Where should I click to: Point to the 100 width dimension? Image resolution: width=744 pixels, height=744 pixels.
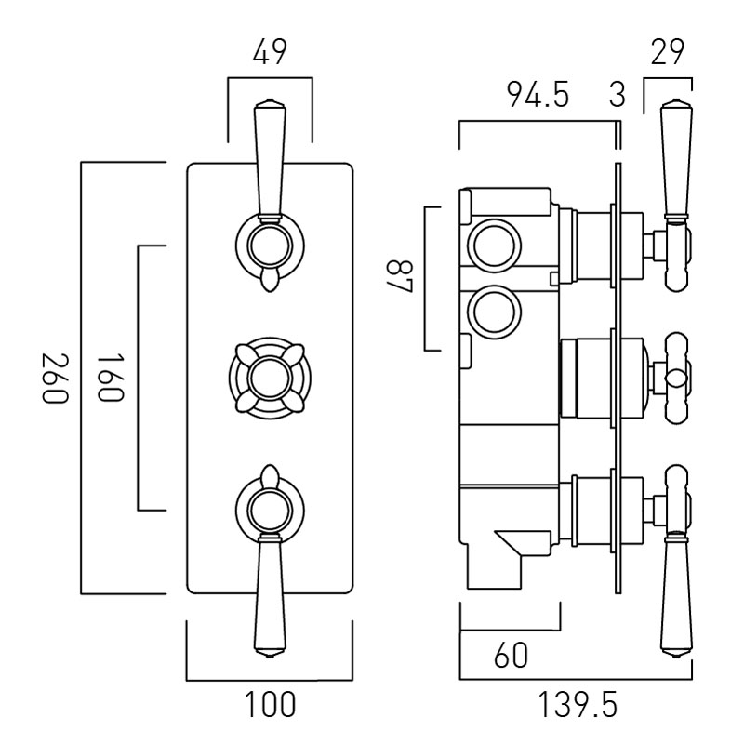(x=270, y=705)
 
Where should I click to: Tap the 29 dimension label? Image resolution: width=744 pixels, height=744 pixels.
(x=669, y=54)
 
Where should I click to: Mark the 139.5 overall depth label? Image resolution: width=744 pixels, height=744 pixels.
(x=577, y=705)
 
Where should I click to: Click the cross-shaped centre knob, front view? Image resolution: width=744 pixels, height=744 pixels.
(x=270, y=378)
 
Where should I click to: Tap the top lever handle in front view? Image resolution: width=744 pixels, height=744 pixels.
(x=269, y=158)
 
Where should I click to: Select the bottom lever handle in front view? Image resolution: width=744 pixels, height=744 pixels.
(x=269, y=595)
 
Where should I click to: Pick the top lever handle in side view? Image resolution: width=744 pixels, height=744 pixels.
(x=674, y=158)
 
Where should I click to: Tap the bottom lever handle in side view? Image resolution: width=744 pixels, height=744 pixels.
(x=674, y=595)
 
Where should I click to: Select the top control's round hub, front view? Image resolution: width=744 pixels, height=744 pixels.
(x=270, y=246)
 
